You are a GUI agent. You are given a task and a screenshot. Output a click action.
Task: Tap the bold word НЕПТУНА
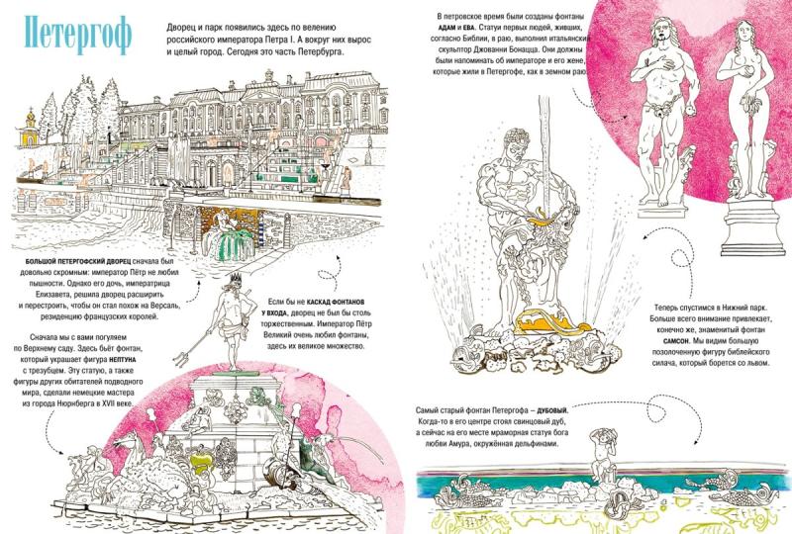pyautogui.click(x=122, y=360)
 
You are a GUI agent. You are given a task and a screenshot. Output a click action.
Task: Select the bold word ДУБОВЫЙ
pyautogui.click(x=552, y=410)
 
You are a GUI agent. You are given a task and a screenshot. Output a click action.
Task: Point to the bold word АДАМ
pyautogui.click(x=447, y=27)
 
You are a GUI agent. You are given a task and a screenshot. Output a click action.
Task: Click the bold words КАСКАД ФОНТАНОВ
pyautogui.click(x=335, y=302)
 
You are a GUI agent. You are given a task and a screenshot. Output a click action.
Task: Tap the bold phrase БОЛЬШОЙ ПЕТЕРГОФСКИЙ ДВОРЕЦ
pyautogui.click(x=78, y=262)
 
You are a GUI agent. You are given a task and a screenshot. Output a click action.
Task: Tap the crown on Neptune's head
pyautogui.click(x=236, y=278)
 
